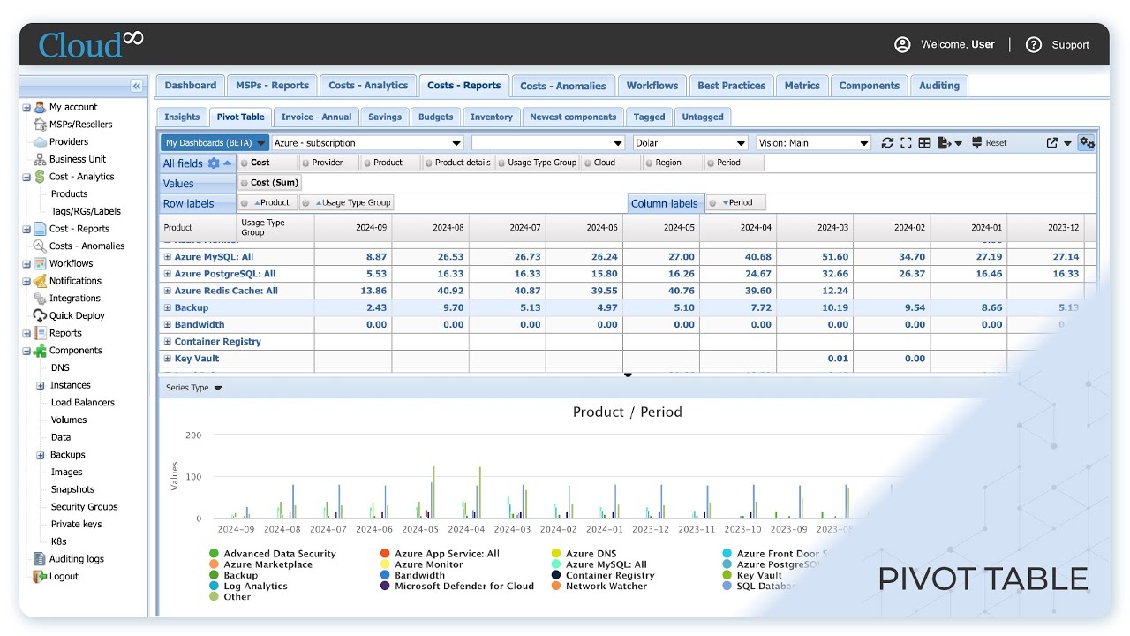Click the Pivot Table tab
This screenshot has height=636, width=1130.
[240, 117]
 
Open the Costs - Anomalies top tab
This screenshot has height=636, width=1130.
[562, 86]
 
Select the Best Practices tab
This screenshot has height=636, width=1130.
[731, 86]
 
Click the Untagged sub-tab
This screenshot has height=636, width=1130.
[702, 117]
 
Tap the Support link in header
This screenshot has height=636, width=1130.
[1058, 45]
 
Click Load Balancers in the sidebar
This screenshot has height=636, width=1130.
[82, 403]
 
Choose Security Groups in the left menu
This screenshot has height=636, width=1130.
[84, 507]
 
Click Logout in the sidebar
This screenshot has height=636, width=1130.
[64, 576]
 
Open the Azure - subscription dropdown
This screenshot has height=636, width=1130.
[367, 143]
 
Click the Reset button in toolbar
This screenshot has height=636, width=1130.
[989, 143]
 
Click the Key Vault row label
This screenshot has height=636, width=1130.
[196, 359]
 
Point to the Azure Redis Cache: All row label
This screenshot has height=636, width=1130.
[225, 291]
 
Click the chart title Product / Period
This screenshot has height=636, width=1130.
[627, 412]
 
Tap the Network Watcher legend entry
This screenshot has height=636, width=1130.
[606, 586]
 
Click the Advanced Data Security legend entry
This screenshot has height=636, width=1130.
[279, 554]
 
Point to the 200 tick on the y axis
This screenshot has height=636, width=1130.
[192, 435]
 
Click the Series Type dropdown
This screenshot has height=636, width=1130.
[193, 388]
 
